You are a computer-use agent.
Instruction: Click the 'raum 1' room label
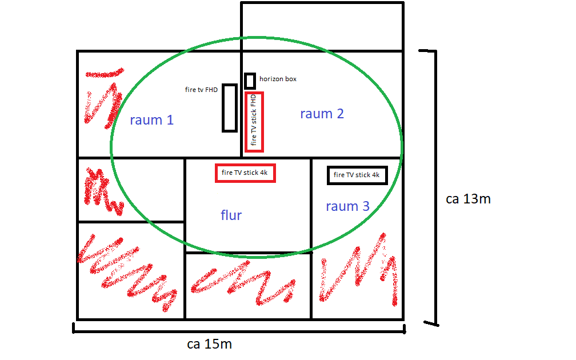[151, 120]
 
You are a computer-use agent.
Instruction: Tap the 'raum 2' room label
[322, 114]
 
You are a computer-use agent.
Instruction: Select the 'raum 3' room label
[347, 206]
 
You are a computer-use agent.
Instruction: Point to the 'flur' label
[231, 215]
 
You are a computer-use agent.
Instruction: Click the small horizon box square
[250, 81]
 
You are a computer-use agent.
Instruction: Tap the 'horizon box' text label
[278, 79]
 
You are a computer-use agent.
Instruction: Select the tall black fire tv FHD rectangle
[229, 107]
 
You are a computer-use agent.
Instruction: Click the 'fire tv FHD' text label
[201, 90]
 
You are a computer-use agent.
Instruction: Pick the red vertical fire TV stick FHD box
[254, 122]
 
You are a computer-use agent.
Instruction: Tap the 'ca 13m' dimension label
[468, 199]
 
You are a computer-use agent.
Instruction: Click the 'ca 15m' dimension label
[209, 345]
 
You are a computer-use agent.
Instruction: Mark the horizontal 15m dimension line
[239, 329]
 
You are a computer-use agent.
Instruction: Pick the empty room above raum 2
[322, 26]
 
